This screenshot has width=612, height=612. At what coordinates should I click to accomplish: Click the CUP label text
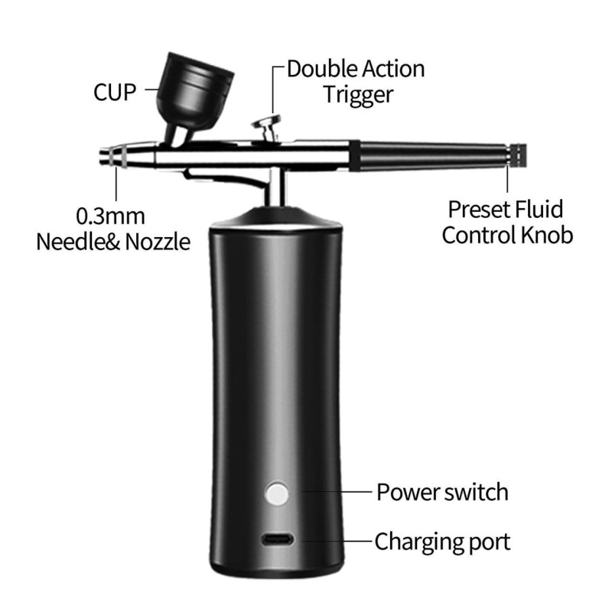click(x=115, y=93)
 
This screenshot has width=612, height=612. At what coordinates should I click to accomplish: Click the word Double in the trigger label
click(x=327, y=69)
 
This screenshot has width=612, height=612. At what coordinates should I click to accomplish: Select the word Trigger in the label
click(x=357, y=95)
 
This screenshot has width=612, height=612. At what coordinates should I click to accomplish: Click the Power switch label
click(x=442, y=491)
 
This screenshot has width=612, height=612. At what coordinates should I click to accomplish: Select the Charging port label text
click(x=442, y=542)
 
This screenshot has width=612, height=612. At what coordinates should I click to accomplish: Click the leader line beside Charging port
click(x=335, y=541)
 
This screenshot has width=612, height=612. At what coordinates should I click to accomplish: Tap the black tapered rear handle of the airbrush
click(x=428, y=155)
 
